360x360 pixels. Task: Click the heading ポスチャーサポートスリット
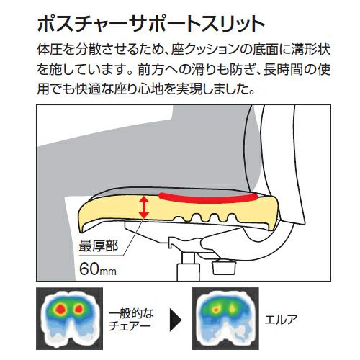tap(151, 24)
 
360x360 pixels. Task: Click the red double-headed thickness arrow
tap(144, 207)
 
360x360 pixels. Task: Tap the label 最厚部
tap(99, 246)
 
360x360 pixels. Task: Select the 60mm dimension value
tap(98, 269)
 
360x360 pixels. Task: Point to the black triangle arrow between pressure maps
tap(176, 320)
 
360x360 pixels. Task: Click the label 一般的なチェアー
tap(131, 320)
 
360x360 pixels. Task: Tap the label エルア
tap(281, 320)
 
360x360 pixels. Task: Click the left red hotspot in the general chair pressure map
tap(60, 309)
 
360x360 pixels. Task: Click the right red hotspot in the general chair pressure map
tap(78, 309)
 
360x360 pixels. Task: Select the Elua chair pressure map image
tap(225, 318)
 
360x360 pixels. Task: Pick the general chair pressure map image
tap(69, 318)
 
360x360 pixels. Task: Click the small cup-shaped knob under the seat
tap(224, 268)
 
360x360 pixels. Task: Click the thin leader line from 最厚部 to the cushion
tap(133, 237)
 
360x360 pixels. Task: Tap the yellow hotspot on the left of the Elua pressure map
tap(216, 310)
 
